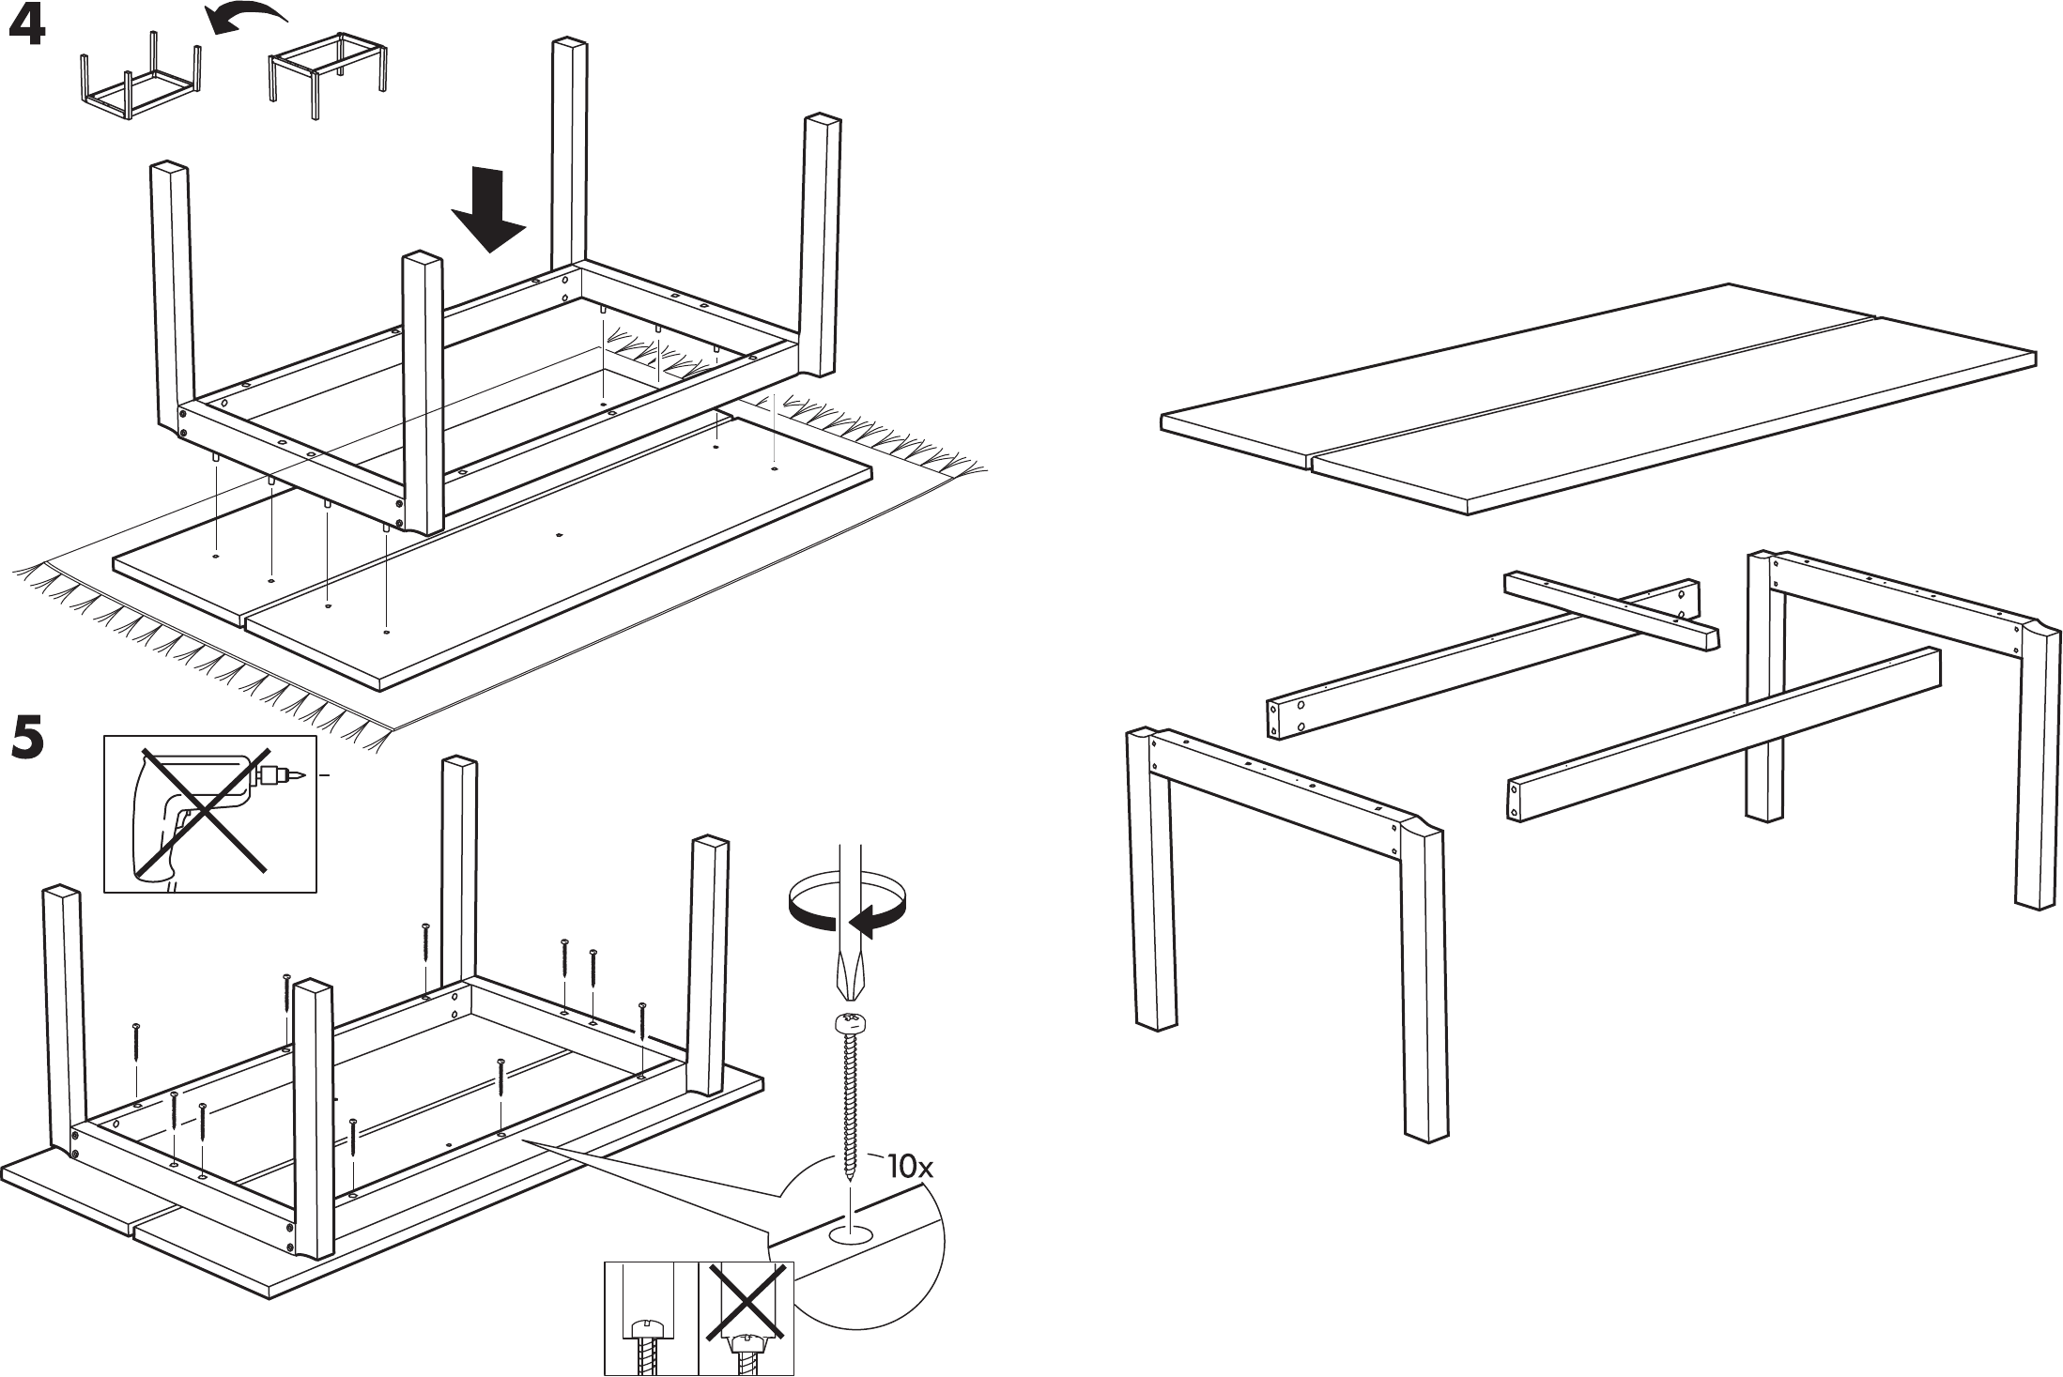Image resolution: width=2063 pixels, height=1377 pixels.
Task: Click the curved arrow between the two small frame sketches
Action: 246,17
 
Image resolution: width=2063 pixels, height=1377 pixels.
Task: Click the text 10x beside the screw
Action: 910,1168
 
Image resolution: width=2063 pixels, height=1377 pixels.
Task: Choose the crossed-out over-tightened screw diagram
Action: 747,1318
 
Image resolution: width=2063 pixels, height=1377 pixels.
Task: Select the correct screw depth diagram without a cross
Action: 651,1318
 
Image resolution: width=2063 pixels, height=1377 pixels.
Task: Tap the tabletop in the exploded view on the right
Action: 1596,399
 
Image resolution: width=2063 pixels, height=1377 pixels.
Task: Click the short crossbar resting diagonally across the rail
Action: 1610,610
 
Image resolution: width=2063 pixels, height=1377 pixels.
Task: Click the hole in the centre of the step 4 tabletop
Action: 559,535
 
